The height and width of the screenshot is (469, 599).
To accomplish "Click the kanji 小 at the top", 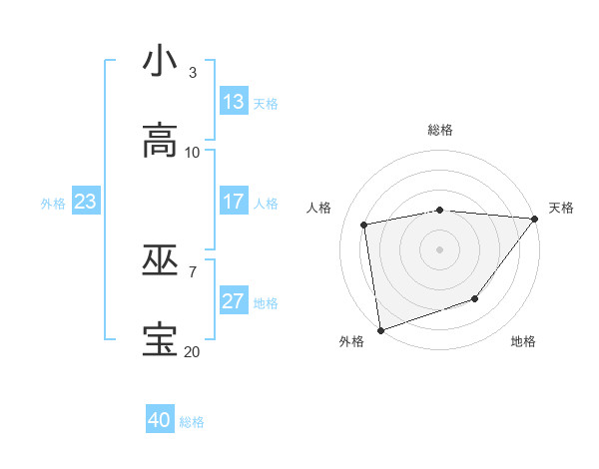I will [x=160, y=62].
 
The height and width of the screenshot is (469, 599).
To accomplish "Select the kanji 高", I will [x=160, y=141].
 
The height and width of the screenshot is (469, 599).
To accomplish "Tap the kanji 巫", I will [x=160, y=260].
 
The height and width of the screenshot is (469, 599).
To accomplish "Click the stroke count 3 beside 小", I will [x=193, y=73].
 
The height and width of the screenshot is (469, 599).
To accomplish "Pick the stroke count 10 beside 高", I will [x=193, y=153].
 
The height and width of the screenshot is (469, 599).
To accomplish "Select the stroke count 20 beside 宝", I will [x=192, y=352].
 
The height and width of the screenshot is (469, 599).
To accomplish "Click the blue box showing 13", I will [x=234, y=102].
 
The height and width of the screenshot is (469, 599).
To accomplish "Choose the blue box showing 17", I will [x=234, y=202].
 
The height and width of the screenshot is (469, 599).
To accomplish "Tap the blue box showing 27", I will [x=234, y=301].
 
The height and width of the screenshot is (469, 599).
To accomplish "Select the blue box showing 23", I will [x=85, y=202].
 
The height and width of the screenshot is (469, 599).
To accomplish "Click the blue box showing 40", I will [x=160, y=420].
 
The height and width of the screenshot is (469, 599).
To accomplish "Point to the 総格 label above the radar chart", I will [x=440, y=130].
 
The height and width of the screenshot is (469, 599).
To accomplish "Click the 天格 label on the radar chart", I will [x=561, y=208].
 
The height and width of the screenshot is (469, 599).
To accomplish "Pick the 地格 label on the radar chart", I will [x=523, y=341].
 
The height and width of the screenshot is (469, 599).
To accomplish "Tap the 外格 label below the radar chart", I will [x=351, y=341].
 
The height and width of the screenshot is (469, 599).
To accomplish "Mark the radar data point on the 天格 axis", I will [x=535, y=219].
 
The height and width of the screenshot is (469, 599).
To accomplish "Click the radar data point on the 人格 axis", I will [x=364, y=225].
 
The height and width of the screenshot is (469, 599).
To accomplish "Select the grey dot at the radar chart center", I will [x=440, y=249].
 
